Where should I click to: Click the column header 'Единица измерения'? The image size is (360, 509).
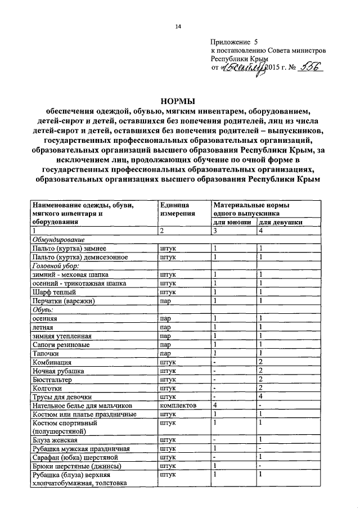(x=177, y=209)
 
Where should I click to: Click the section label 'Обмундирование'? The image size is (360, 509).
(x=58, y=239)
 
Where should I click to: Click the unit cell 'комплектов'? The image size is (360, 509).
(x=178, y=405)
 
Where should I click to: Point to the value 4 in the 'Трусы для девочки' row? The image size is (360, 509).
(x=260, y=396)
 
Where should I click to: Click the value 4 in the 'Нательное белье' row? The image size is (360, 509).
(x=215, y=405)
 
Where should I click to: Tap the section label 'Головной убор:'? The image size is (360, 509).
(x=56, y=265)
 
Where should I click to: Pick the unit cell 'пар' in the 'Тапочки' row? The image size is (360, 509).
(x=165, y=353)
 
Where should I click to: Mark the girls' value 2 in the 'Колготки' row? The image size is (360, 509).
(x=260, y=388)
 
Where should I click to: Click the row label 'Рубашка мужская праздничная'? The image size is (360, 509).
(x=82, y=449)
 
